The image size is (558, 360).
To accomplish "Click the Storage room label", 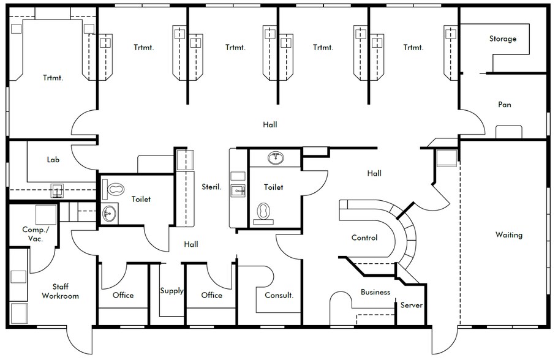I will coord(502,39).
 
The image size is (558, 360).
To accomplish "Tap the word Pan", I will coord(504,105).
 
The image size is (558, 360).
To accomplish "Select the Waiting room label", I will coord(508,235).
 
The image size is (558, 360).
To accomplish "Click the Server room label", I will coord(411,305).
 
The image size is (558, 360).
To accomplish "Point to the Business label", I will coord(375,292).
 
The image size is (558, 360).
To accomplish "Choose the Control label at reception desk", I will coord(364,238).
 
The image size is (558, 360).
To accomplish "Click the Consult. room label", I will coord(279,295).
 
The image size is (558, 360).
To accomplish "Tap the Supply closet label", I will coord(172,291).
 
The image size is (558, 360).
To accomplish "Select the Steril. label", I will coord(211,187).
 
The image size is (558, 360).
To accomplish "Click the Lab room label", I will coord(53,160).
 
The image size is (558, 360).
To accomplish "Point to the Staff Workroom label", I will coord(60,291).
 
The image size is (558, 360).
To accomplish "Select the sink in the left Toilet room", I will coord(109,214).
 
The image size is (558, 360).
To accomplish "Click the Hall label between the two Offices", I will coord(191,244).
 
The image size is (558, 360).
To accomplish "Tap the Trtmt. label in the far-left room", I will coord(53,78).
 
